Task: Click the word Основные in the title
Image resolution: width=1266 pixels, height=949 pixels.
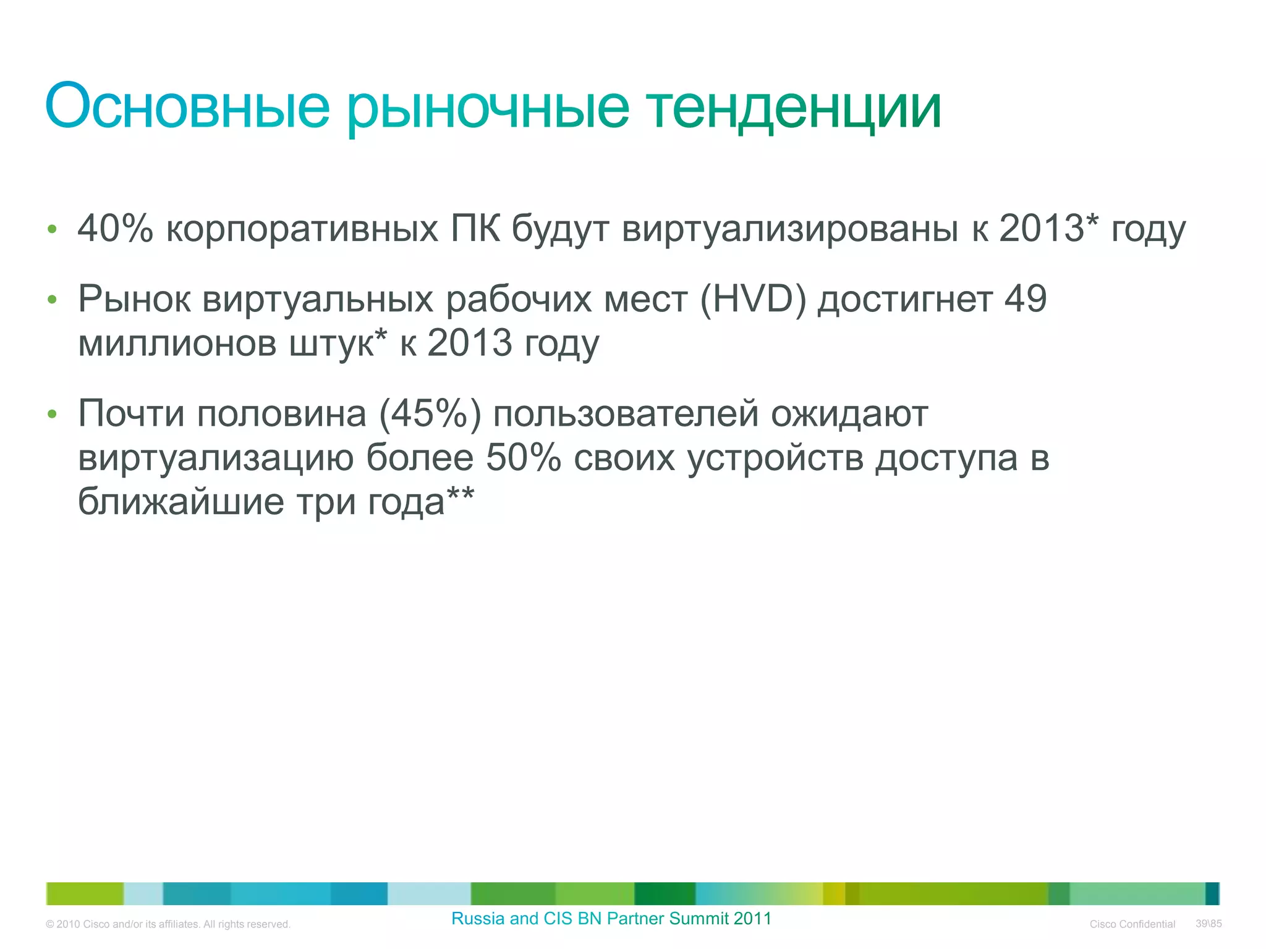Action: coord(187,106)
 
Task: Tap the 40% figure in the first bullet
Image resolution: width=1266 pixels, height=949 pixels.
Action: coord(115,228)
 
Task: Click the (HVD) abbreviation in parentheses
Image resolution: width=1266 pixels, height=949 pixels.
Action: coord(753,299)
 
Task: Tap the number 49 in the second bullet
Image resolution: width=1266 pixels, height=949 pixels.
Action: coord(1025,299)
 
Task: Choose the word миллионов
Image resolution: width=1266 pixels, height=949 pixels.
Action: coord(177,344)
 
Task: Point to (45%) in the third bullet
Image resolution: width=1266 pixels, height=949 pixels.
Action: coord(430,413)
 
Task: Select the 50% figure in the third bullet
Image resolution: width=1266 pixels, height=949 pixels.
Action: coord(523,458)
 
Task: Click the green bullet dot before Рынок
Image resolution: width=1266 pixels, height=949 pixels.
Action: coord(52,300)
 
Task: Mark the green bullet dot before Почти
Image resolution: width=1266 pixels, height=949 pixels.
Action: coord(52,414)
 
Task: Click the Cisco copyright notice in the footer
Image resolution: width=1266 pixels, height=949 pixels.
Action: coord(168,924)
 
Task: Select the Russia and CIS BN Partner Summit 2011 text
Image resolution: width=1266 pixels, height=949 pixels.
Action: coord(611,919)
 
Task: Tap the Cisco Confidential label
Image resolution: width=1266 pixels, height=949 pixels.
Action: coord(1132,924)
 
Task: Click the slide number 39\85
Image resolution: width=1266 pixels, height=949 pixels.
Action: coord(1209,924)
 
